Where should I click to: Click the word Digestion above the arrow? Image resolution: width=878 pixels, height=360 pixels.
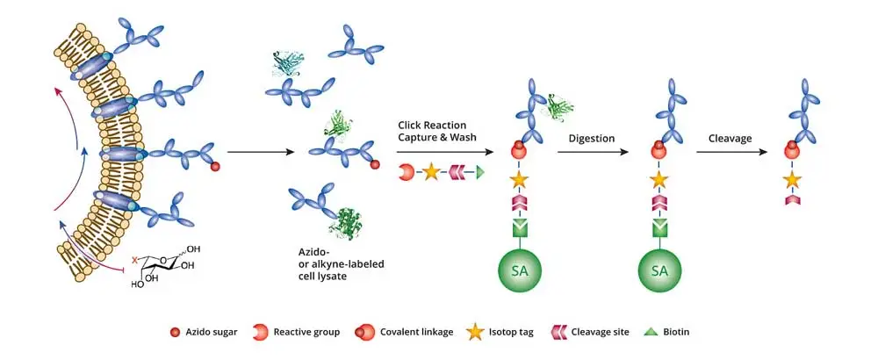click(x=592, y=138)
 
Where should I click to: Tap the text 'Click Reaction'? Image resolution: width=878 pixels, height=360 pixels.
click(x=430, y=126)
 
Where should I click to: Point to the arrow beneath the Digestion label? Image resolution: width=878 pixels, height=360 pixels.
click(x=593, y=152)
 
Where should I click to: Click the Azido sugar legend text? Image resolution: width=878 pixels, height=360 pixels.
click(x=212, y=332)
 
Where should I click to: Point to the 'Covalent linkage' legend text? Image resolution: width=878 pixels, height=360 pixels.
click(x=417, y=332)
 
